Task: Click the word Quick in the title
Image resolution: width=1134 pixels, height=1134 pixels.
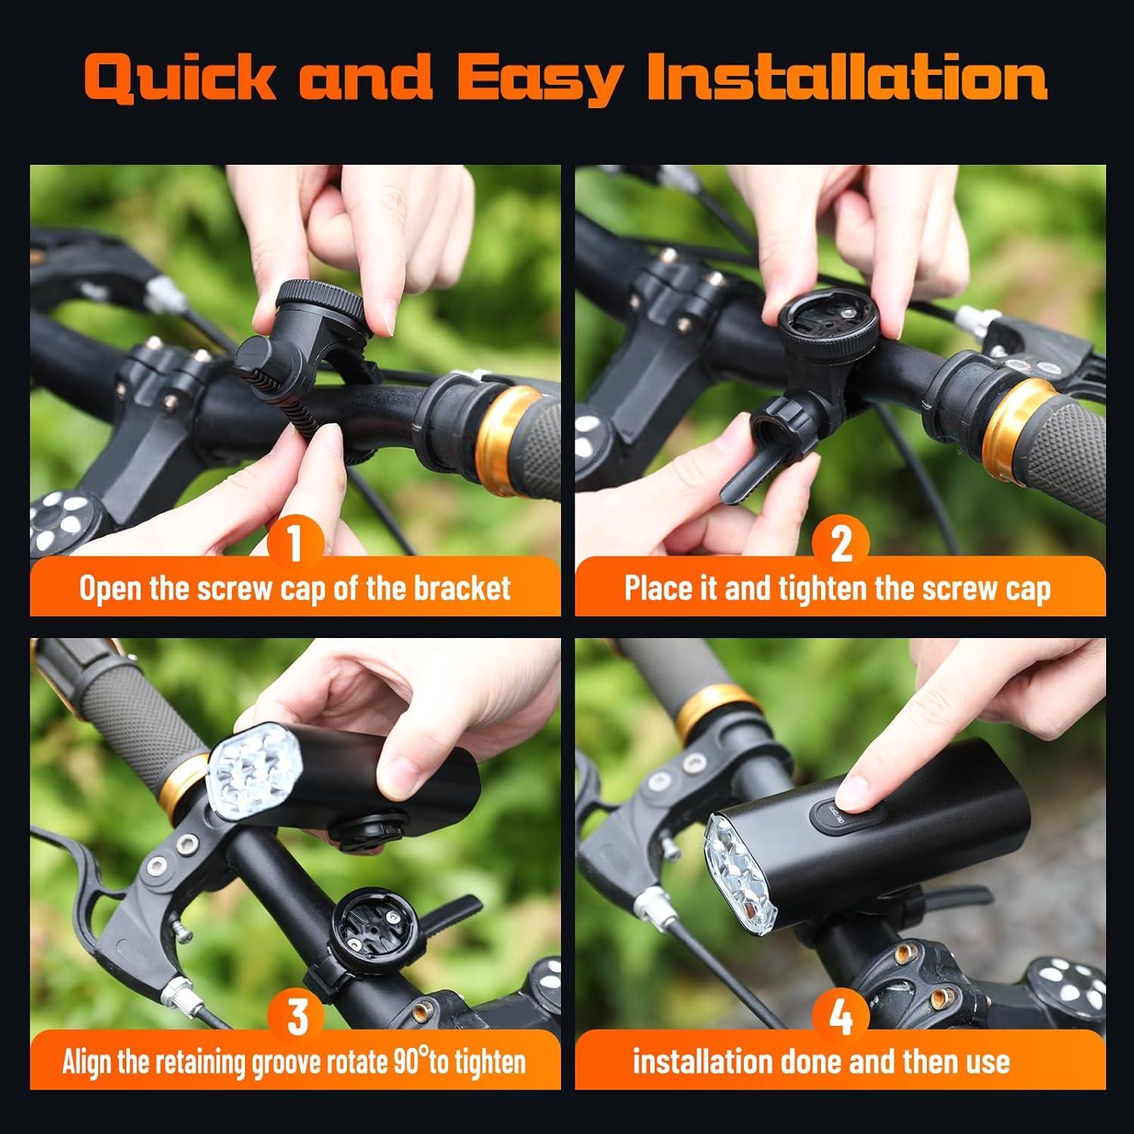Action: (180, 79)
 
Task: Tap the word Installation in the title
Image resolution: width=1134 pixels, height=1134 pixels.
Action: (847, 77)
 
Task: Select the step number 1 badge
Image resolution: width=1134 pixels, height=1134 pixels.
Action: (296, 543)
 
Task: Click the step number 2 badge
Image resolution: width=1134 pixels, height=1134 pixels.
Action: (841, 543)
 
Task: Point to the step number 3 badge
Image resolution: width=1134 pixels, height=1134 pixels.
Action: (298, 1016)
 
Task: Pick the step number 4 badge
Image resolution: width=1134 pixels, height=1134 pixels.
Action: (841, 1016)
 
